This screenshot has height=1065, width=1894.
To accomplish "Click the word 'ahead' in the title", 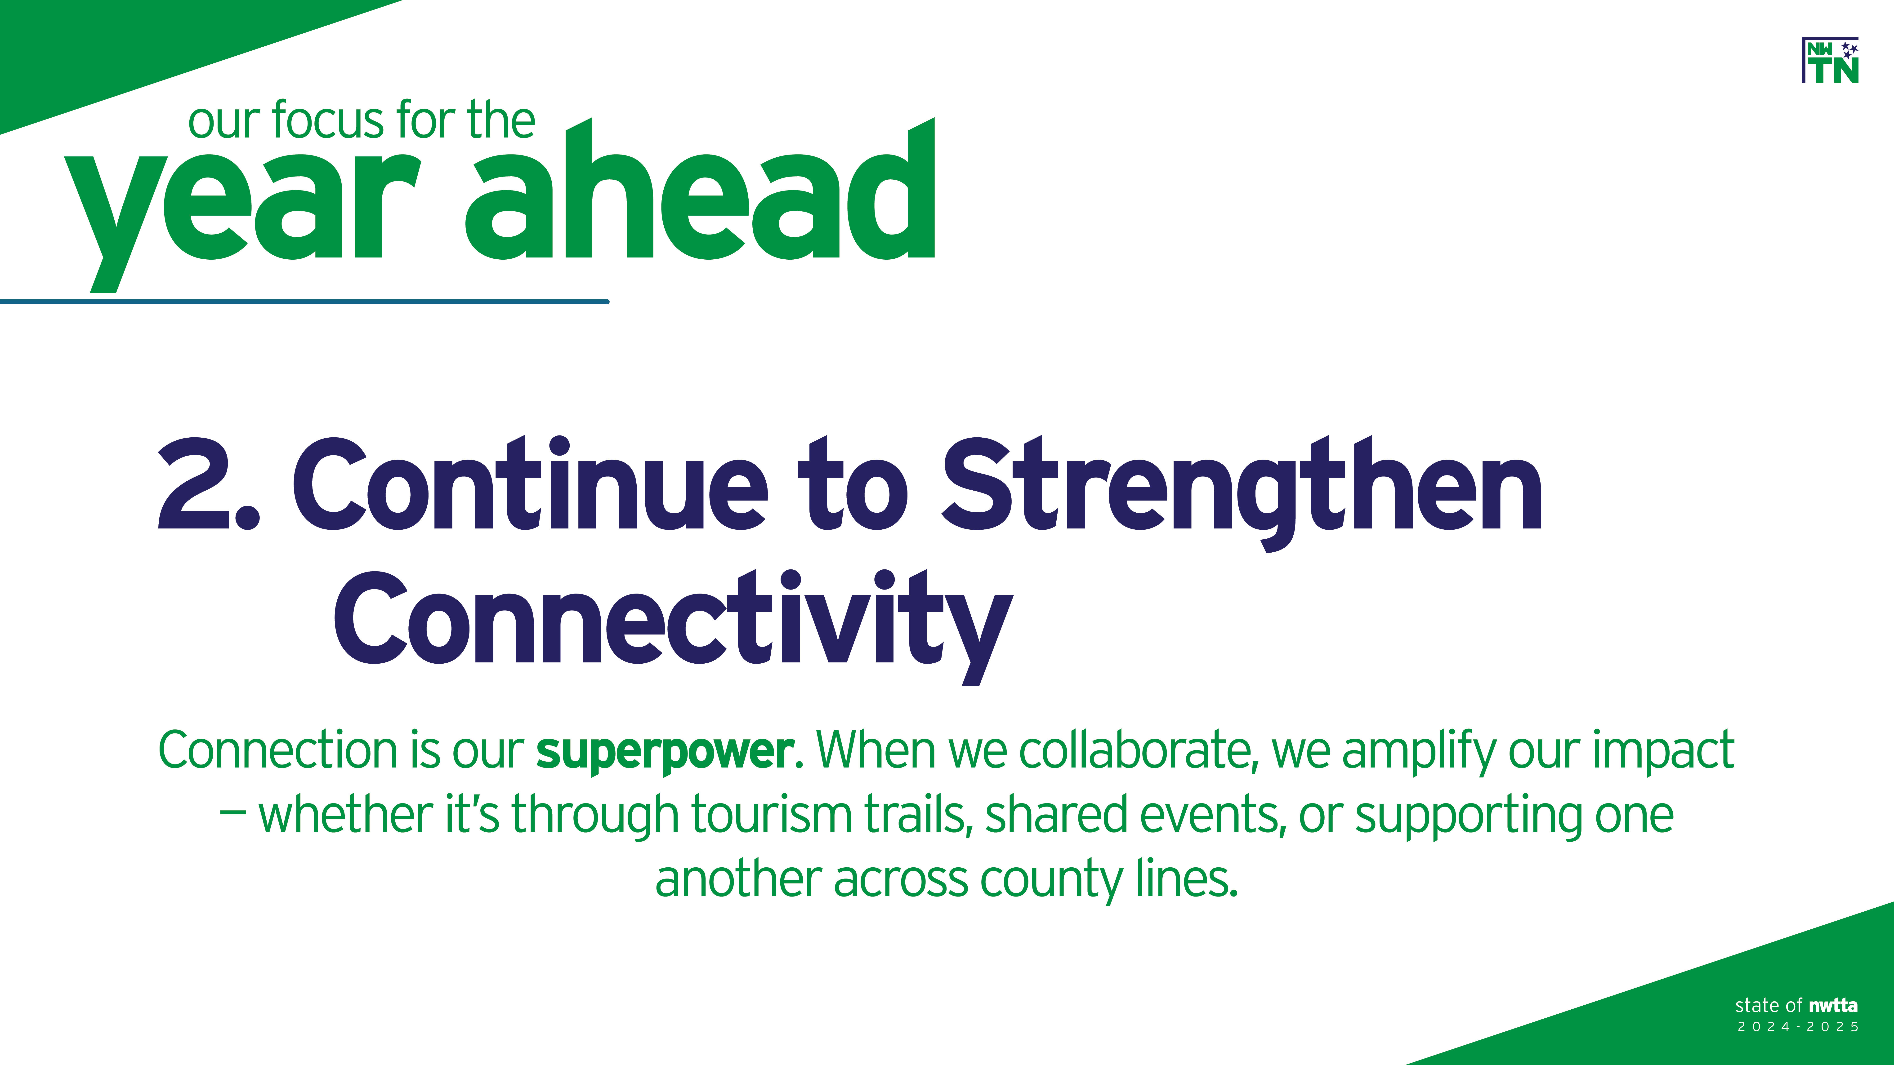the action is (x=699, y=188).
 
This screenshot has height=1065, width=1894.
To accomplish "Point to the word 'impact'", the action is (x=1664, y=753).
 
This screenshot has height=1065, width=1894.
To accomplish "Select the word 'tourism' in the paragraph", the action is (x=771, y=815).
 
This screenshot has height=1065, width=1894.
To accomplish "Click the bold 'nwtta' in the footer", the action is (x=1833, y=1005).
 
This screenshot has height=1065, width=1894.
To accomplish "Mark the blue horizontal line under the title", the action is (x=304, y=301).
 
